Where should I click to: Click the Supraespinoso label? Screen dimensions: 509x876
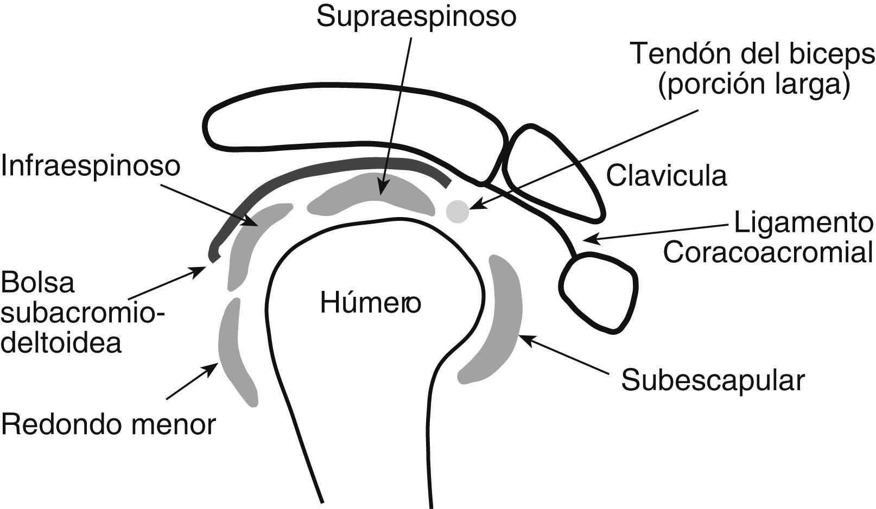416,17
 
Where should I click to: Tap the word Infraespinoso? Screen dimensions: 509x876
90,166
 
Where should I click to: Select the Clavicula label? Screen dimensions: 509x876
666,176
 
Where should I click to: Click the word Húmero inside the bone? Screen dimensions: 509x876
370,302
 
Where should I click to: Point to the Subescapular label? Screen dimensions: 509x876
713,380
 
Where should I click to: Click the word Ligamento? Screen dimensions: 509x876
803,223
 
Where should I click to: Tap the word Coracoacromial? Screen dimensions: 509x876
768,252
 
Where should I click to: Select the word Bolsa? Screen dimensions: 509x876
37,283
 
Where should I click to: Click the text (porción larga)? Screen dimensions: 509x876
754,85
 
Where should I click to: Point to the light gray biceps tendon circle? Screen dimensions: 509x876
457,211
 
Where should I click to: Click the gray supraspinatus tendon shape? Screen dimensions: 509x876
374,195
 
